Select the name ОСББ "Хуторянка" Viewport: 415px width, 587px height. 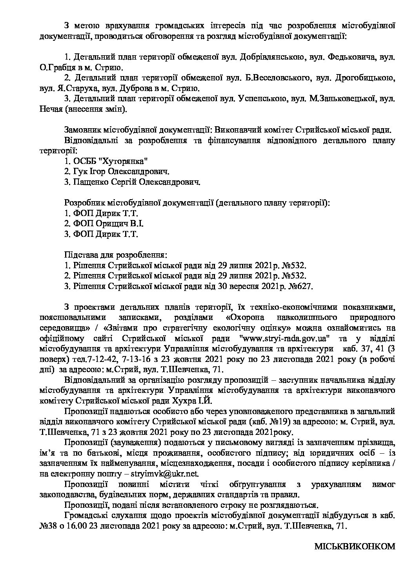[111, 161]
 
